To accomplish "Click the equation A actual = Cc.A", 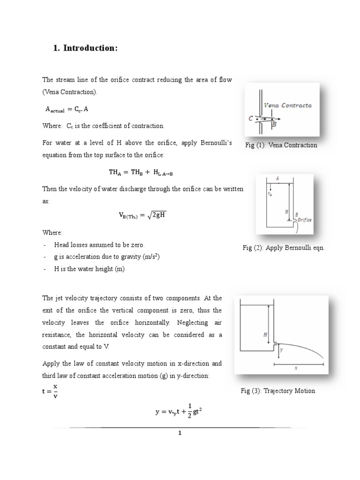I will click(70, 109).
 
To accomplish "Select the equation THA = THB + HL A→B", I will click(141, 172).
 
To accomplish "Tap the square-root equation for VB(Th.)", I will click(142, 215).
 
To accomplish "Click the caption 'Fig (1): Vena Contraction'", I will click(281, 145).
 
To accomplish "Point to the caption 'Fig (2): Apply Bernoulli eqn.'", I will click(284, 247).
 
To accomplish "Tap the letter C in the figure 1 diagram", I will click(251, 119).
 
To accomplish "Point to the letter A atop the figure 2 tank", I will click(277, 179).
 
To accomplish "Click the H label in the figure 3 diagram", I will click(266, 335).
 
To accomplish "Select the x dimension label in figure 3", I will click(296, 368).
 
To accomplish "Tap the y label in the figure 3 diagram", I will click(281, 350).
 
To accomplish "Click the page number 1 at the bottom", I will click(180, 433).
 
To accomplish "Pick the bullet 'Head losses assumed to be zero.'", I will click(99, 245).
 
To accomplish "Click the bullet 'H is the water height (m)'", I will click(90, 269).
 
